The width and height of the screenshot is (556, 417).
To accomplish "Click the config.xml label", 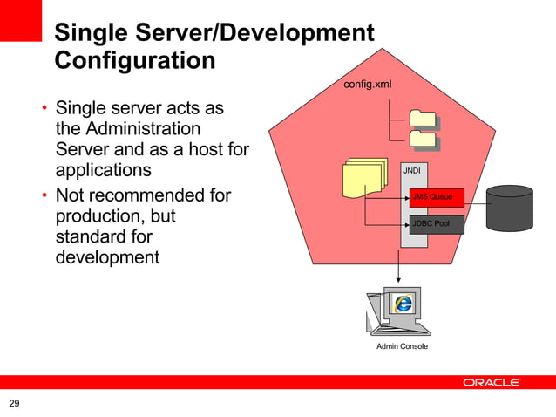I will click(x=367, y=85).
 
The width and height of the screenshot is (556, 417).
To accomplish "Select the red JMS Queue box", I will click(x=436, y=197).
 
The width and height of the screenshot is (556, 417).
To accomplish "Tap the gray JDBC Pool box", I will click(x=436, y=224).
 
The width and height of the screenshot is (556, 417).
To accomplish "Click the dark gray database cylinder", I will click(x=510, y=208).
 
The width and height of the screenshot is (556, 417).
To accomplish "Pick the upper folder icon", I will click(x=423, y=118).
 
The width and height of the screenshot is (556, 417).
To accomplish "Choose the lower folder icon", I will click(x=424, y=138).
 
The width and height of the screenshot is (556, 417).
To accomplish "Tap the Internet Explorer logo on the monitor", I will click(x=403, y=304).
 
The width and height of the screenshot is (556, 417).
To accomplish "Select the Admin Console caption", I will click(x=402, y=347).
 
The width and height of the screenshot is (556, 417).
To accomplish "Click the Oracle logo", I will click(x=491, y=382).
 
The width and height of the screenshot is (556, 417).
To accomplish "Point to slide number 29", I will click(x=14, y=403).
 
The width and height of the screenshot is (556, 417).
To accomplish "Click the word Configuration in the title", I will click(x=134, y=61).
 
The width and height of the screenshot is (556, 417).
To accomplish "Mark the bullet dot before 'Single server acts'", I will click(x=42, y=111).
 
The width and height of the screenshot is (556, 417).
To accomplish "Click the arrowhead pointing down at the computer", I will click(x=399, y=278).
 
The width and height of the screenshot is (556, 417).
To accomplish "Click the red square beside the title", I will click(x=20, y=20).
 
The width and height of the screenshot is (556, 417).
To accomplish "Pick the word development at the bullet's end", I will click(x=107, y=257).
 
